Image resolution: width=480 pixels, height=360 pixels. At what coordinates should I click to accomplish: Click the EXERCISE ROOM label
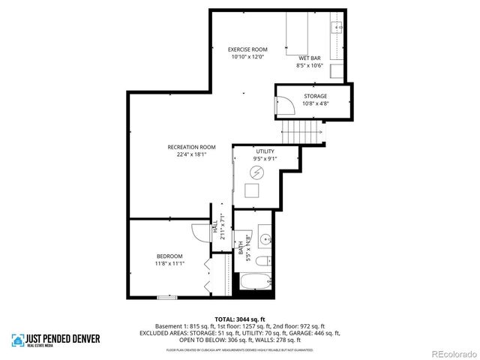[x=247, y=49]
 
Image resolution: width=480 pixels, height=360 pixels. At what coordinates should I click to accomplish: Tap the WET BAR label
[x=309, y=58]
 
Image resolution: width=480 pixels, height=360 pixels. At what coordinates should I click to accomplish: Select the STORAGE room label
[x=315, y=96]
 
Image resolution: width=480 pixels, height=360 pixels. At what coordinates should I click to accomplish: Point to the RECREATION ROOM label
[x=191, y=147]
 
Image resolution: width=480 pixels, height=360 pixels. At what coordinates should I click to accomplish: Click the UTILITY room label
[x=265, y=151]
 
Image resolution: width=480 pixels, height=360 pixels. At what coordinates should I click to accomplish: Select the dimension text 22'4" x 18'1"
[x=191, y=154]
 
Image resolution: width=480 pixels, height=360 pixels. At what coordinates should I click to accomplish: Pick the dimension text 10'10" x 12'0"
[x=247, y=57]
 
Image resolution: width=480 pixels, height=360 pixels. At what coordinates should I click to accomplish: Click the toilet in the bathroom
[x=263, y=261]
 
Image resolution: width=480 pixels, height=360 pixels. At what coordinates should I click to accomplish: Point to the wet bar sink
[x=337, y=28]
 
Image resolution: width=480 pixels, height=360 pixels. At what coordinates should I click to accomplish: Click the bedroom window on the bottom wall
[x=166, y=298]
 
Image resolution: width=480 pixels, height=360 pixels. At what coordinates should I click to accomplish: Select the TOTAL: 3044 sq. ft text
[x=239, y=319]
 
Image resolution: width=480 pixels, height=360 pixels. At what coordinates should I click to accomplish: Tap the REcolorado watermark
[x=451, y=353]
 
